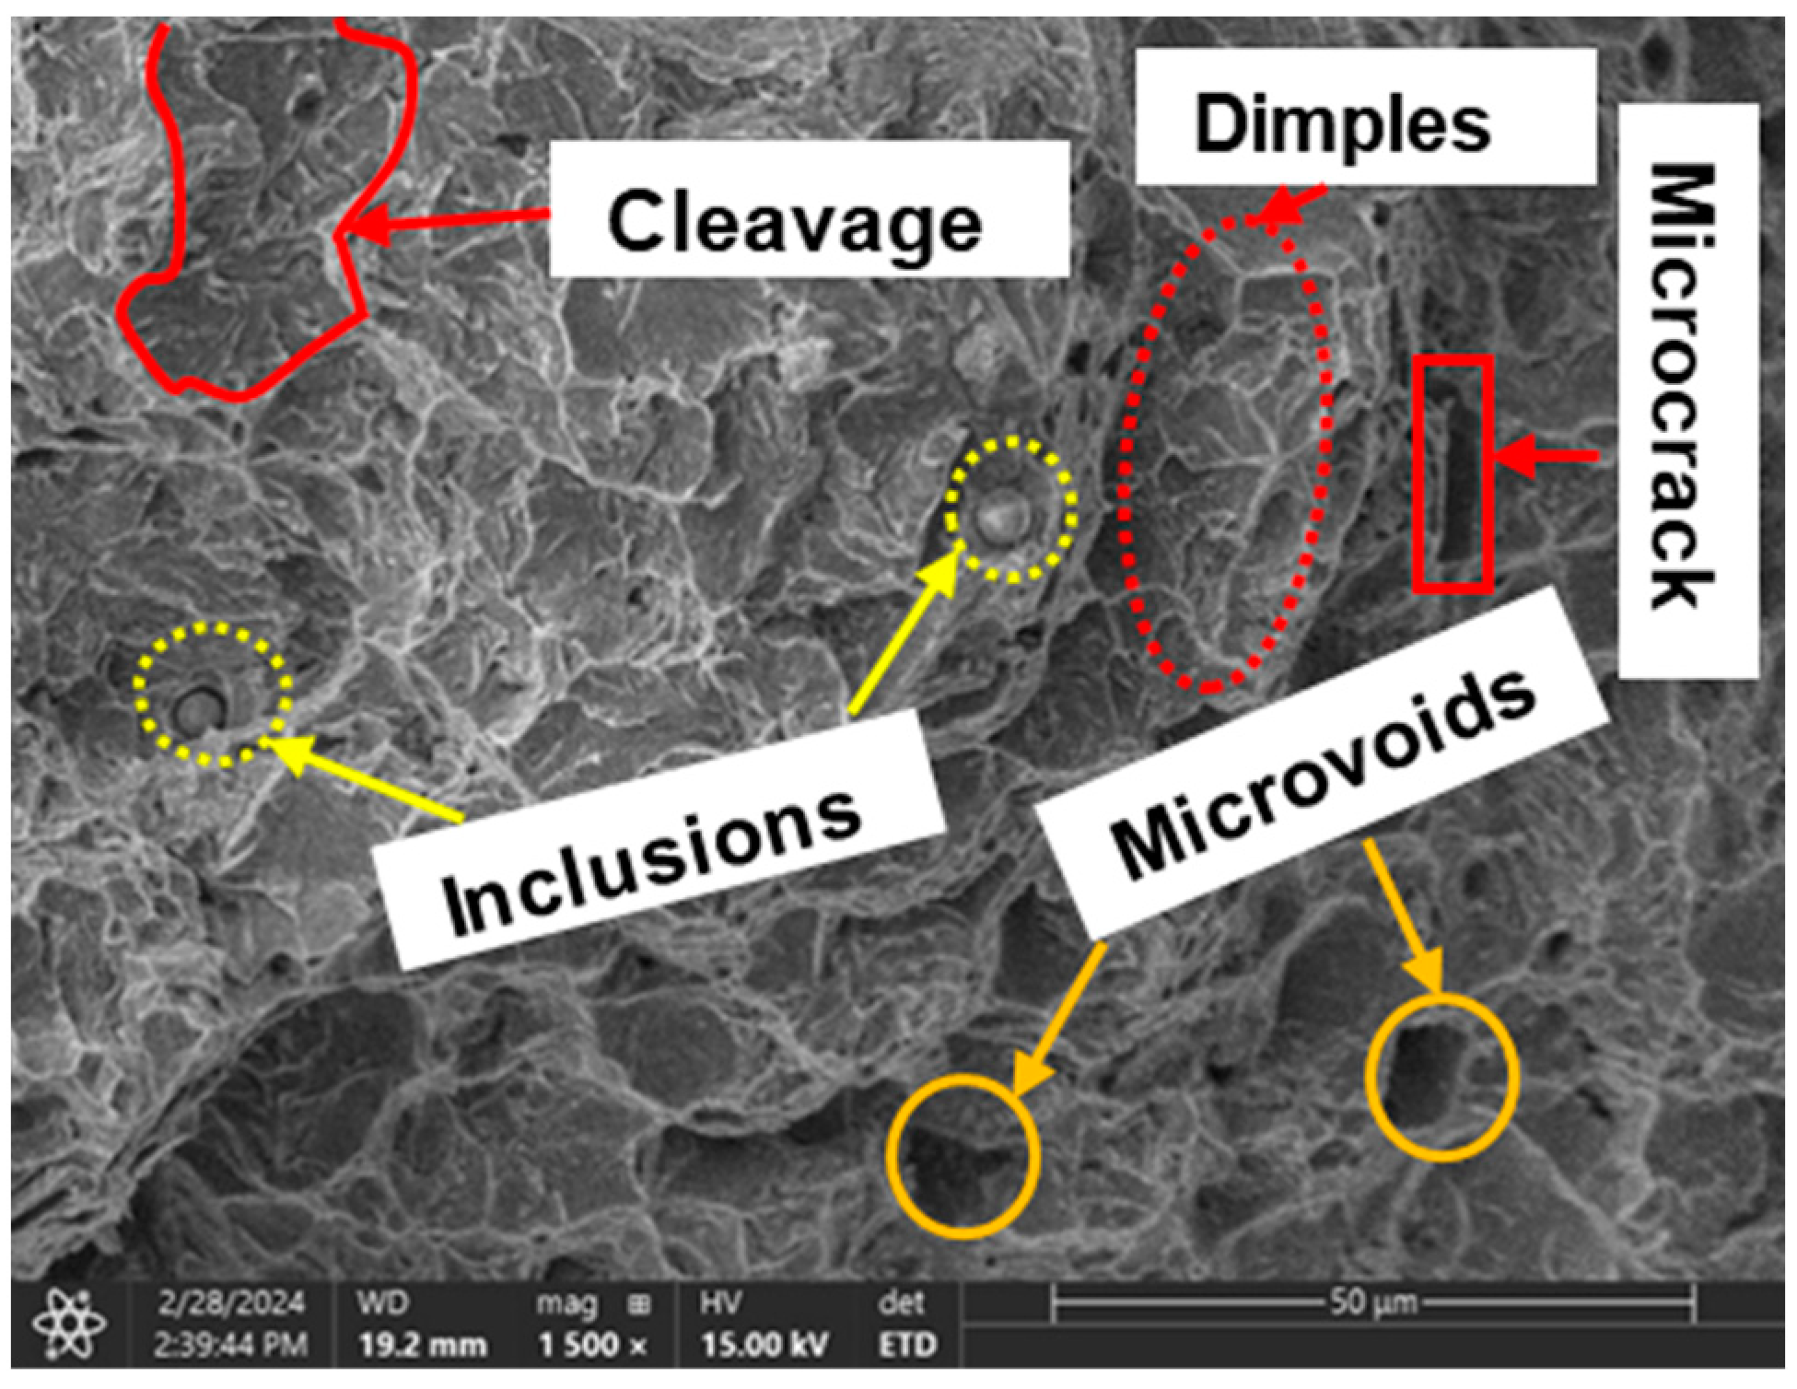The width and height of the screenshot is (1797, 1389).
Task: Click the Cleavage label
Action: point(795,221)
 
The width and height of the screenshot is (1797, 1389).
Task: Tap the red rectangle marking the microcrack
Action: point(1453,473)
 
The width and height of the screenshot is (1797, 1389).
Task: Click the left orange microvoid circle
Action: point(963,1157)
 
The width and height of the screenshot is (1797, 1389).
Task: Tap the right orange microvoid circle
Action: point(1441,1077)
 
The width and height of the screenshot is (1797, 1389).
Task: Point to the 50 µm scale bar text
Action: point(1372,1302)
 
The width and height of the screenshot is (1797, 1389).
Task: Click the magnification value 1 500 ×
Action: point(592,1346)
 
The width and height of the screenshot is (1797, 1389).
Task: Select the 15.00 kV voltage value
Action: point(764,1346)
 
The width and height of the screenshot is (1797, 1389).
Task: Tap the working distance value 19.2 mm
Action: point(422,1346)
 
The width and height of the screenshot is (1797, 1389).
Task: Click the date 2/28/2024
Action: point(230,1304)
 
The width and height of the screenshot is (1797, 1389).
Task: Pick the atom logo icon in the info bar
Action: point(69,1325)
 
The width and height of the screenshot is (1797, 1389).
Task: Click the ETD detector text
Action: point(906,1346)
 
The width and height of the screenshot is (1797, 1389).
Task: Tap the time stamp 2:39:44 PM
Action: point(230,1346)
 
